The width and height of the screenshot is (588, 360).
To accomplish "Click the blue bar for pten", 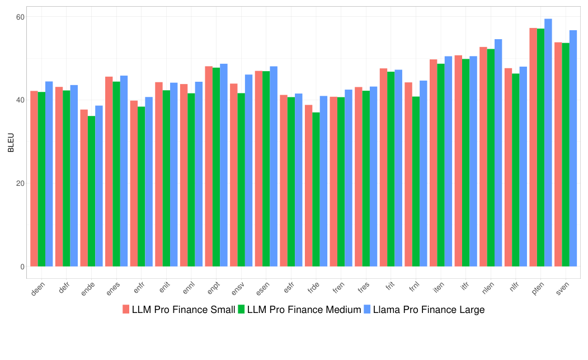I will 548,143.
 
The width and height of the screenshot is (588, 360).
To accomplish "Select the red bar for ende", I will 84,188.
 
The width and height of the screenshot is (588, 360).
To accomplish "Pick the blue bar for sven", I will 573,148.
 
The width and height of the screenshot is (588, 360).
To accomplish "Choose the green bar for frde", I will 316,189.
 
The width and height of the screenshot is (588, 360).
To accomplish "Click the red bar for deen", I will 34,179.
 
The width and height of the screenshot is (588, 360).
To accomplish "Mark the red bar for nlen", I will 483,157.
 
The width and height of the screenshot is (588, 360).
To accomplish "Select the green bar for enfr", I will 142,186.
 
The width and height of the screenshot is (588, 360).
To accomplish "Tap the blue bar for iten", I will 448,161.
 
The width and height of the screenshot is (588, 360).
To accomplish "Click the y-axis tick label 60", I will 20,17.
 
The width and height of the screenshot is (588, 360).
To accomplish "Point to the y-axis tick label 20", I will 20,183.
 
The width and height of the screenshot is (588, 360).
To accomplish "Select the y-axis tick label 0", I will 22,267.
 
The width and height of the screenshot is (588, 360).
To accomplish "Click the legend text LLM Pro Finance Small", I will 184,310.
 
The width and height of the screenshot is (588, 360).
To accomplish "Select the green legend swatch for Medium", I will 242,310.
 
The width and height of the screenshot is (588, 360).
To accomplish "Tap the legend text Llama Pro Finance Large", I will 429,310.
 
